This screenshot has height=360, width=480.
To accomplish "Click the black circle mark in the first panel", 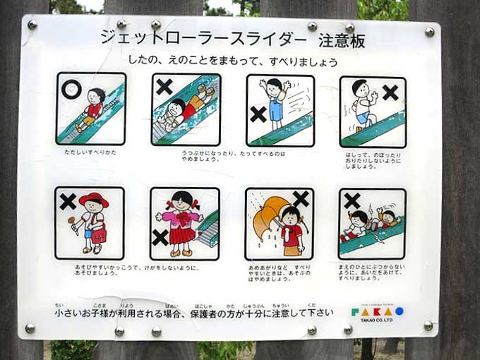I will pyautogui.click(x=71, y=89).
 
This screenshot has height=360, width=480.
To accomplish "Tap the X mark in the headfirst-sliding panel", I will pyautogui.click(x=164, y=88).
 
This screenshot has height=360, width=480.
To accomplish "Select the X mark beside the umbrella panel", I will pyautogui.click(x=302, y=199).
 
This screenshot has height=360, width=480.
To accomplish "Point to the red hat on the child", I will pyautogui.click(x=93, y=200).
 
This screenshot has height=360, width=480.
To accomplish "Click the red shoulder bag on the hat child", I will pyautogui.click(x=100, y=235).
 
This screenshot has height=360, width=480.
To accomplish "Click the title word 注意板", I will pyautogui.click(x=342, y=41).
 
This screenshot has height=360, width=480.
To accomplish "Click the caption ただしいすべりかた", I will pyautogui.click(x=90, y=152).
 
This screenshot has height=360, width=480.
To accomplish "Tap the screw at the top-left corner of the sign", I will pyautogui.click(x=32, y=25).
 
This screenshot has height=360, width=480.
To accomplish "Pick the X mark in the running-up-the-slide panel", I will pyautogui.click(x=390, y=92).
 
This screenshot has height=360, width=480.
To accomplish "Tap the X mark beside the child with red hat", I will pyautogui.click(x=68, y=202).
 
